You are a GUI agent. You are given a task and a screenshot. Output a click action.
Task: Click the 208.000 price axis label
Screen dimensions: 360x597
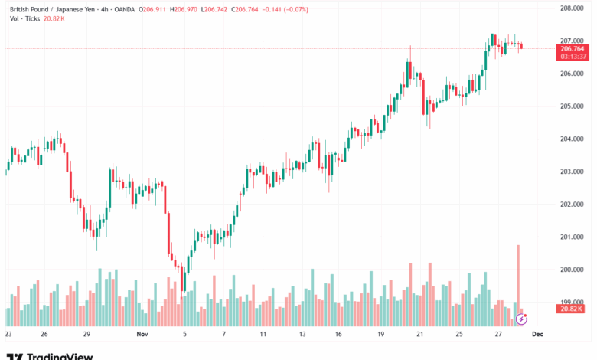[x=572, y=8]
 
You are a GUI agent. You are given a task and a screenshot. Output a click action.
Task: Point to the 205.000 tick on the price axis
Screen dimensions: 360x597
[x=572, y=106]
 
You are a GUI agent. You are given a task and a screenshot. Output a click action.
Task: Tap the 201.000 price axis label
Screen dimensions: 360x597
[x=572, y=237]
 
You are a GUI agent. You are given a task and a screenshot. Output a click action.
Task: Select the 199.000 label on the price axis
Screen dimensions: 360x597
[x=572, y=302]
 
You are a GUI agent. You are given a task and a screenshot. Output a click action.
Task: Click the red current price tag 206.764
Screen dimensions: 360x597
[x=573, y=48]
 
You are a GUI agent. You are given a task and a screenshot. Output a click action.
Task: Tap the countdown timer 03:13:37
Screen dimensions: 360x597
[x=573, y=56]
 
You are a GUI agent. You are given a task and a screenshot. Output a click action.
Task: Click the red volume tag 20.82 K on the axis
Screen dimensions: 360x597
[x=573, y=309]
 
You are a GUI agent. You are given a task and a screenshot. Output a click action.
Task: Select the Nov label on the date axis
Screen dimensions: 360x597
[x=142, y=335]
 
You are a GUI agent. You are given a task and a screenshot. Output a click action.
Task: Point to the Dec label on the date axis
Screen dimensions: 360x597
[x=538, y=335]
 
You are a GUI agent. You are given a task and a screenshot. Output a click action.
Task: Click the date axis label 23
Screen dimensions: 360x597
[x=8, y=335]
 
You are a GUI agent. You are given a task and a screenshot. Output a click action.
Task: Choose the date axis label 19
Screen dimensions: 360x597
[x=380, y=335]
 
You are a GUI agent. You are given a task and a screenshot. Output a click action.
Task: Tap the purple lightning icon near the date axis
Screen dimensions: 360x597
[x=523, y=318]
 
